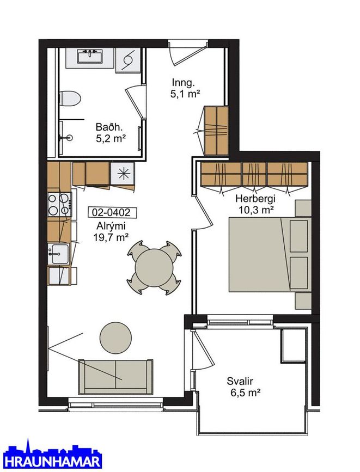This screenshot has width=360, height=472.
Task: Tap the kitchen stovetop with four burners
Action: (x=59, y=205)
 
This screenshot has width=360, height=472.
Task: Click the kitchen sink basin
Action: (x=59, y=254)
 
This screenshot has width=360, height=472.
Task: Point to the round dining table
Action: (x=154, y=267)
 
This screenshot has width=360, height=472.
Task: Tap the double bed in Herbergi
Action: (x=270, y=254)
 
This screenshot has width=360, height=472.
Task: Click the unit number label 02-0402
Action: (x=112, y=212)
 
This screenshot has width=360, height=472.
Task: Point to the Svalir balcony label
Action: (x=240, y=382)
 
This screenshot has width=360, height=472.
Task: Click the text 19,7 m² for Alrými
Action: (x=111, y=237)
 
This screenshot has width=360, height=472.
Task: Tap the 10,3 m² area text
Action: (x=256, y=210)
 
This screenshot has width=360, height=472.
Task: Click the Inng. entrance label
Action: (x=184, y=82)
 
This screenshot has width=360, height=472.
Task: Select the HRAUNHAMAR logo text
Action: (x=52, y=462)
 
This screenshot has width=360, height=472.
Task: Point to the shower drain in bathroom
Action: (x=70, y=138)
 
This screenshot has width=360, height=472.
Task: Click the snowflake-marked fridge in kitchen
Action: (x=123, y=174)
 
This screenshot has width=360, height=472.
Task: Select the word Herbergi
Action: (x=255, y=199)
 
